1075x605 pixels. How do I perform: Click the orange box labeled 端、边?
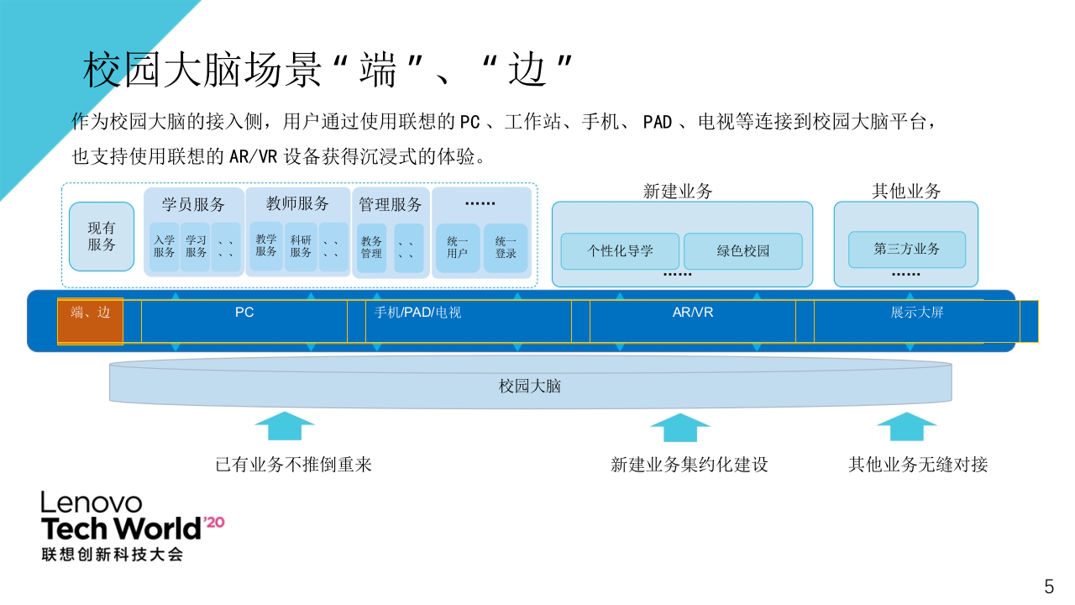[x=90, y=321]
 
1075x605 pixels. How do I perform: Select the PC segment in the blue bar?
[x=244, y=313]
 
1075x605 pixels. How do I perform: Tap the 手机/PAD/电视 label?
[x=417, y=313]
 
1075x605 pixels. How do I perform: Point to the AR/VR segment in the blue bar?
[x=693, y=313]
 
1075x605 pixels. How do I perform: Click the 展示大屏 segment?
[x=917, y=313]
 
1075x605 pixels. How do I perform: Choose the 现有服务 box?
[x=102, y=236]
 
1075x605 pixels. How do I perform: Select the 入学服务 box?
[x=165, y=246]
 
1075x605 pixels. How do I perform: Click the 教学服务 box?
[x=266, y=246]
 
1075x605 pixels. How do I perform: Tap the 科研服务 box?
[x=301, y=246]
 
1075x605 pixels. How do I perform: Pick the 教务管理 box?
[x=371, y=247]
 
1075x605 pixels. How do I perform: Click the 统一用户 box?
[x=458, y=247]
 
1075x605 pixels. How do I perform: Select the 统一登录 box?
[x=506, y=247]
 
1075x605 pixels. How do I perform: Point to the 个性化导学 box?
[x=620, y=250]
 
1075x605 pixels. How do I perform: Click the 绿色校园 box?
[x=743, y=250]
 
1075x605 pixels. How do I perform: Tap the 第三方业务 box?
[x=907, y=250]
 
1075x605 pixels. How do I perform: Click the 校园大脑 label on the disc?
[x=530, y=387]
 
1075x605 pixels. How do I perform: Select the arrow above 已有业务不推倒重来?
[x=285, y=426]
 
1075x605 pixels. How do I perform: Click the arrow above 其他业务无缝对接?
[x=906, y=426]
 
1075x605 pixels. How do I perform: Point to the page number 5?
[x=1048, y=587]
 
